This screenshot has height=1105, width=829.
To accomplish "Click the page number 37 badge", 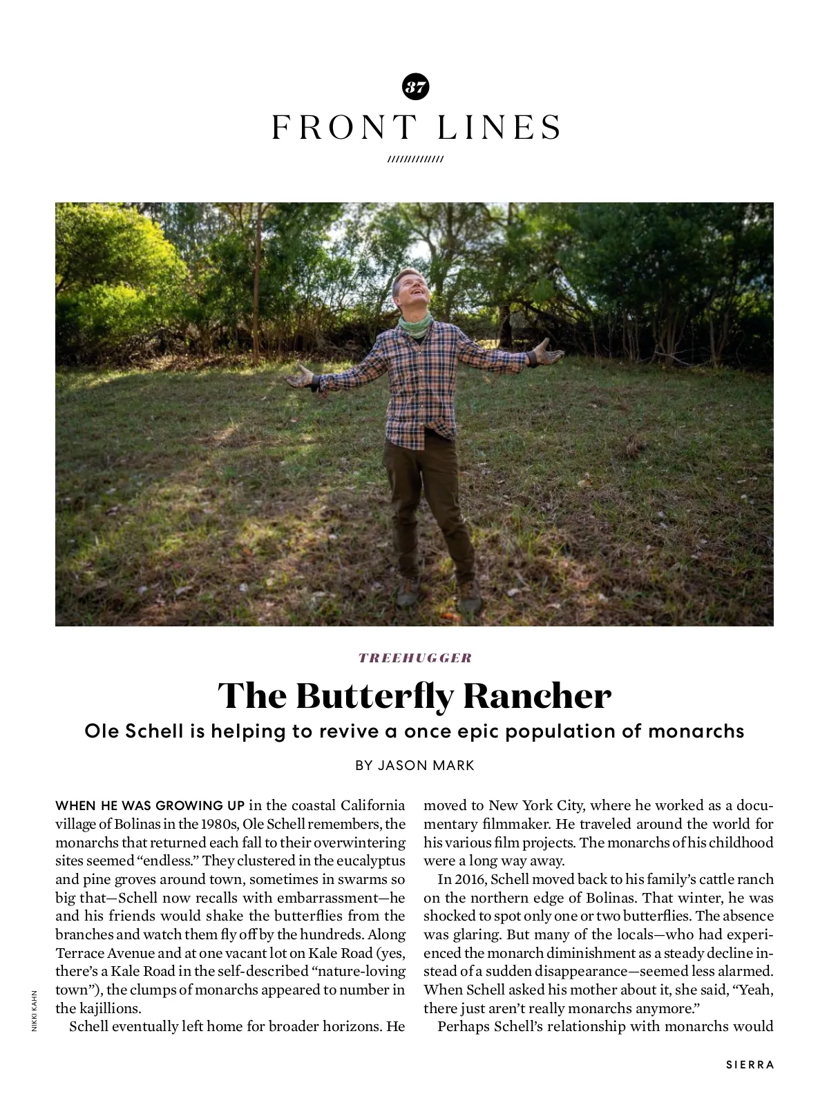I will [415, 87].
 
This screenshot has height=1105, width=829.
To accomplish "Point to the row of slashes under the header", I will [415, 160].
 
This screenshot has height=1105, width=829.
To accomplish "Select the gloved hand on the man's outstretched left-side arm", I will [301, 377].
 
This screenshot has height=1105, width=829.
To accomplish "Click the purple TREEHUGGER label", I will [415, 657].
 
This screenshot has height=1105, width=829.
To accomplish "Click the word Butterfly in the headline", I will [376, 695].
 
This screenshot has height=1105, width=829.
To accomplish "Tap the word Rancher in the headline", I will [537, 695].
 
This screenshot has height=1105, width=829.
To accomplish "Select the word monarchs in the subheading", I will [696, 731].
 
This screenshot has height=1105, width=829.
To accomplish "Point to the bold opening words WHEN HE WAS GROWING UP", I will [150, 805].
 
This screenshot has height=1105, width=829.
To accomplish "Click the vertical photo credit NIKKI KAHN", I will [35, 1011].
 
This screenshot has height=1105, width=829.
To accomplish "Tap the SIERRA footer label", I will [750, 1065].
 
